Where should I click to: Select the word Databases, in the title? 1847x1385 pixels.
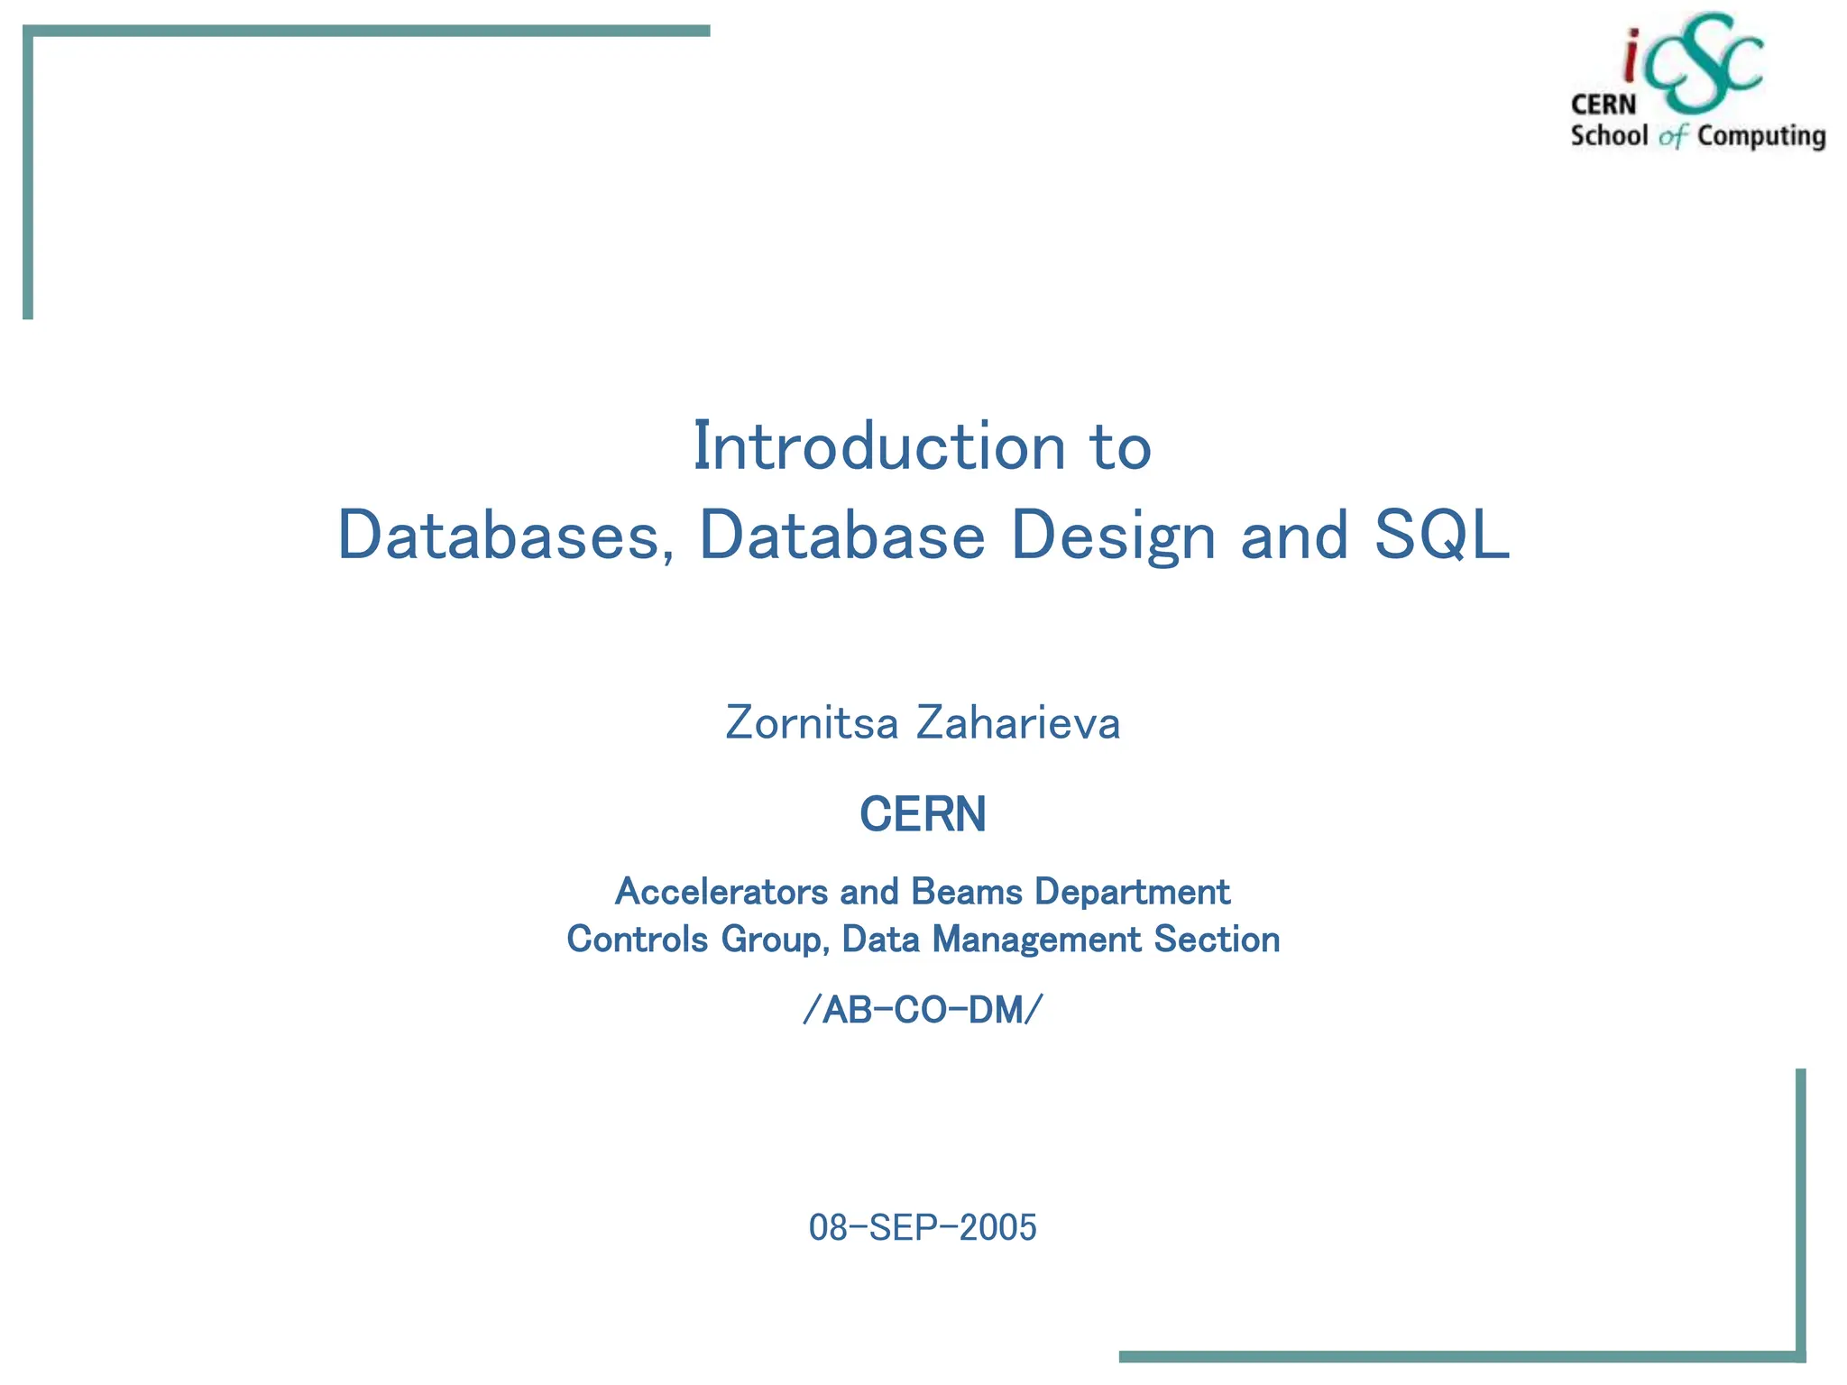click(x=506, y=536)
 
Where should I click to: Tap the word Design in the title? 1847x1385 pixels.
click(x=1114, y=536)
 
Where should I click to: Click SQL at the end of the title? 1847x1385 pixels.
click(x=1441, y=536)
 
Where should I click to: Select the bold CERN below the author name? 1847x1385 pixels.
click(x=923, y=814)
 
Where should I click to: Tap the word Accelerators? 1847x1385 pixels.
click(x=721, y=892)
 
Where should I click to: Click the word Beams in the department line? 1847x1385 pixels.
click(x=967, y=892)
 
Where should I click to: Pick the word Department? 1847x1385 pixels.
click(x=1132, y=892)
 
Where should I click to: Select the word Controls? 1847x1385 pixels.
click(x=637, y=940)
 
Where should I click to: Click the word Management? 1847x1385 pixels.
click(x=1037, y=940)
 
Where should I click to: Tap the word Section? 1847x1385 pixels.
click(x=1217, y=940)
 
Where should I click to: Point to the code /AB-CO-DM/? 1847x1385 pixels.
click(x=923, y=1010)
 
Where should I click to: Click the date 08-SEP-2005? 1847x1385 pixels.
click(x=923, y=1227)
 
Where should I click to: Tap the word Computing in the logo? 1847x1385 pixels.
click(x=1761, y=136)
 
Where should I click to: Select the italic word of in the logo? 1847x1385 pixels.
click(x=1673, y=137)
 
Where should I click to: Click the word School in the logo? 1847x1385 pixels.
click(x=1609, y=136)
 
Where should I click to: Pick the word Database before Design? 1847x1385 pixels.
click(x=842, y=536)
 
